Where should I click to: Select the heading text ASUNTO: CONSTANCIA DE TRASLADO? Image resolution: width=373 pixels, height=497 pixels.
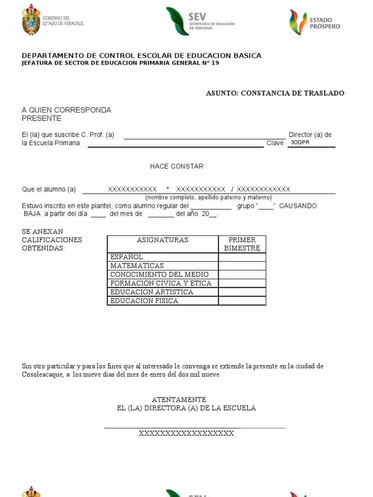pos(275,93)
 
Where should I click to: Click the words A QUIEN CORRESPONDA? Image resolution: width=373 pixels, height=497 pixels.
pos(67,110)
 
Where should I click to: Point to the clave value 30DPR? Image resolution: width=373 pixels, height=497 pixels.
pos(300,143)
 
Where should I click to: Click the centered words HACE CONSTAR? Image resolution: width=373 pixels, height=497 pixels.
pos(176,166)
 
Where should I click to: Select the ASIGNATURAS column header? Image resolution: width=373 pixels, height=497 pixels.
pos(162,240)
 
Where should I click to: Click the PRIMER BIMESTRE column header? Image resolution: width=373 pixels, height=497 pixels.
pos(242,244)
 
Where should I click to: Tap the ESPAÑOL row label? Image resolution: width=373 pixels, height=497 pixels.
pos(127,257)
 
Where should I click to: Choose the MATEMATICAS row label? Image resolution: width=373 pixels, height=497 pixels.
pos(137,266)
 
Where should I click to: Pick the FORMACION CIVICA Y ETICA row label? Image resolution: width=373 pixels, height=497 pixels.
pos(161,283)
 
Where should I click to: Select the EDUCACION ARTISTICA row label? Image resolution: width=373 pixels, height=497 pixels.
pos(152,292)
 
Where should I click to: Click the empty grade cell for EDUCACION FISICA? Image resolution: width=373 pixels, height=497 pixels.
pos(242,301)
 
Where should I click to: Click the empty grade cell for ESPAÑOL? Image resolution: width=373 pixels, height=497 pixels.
pos(242,257)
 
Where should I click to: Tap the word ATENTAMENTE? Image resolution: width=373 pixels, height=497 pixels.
pos(179,399)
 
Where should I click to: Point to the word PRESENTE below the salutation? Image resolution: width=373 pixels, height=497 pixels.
pos(42,118)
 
